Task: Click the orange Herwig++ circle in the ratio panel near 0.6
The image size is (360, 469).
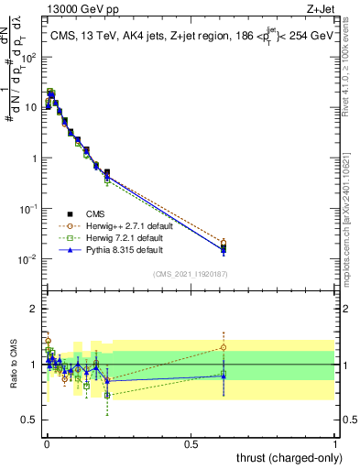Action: click(x=224, y=347)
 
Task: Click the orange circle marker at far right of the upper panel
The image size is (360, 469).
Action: click(x=224, y=243)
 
